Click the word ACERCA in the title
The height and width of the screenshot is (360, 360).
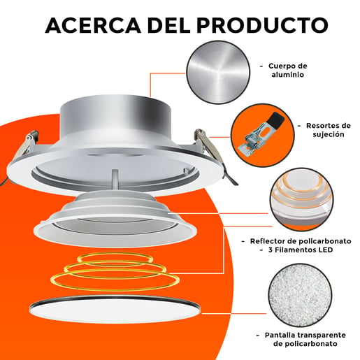point(93,25)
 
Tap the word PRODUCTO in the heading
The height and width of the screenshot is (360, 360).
point(263,25)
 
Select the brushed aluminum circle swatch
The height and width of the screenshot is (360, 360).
point(218,72)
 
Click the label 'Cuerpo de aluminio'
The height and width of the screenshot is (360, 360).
point(287,70)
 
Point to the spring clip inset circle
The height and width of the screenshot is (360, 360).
point(263,136)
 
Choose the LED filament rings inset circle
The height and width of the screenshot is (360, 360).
point(302,200)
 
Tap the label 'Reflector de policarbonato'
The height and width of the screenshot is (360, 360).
point(301,241)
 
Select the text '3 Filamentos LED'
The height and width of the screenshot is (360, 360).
point(301,250)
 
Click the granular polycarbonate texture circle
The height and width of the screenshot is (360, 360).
point(300,296)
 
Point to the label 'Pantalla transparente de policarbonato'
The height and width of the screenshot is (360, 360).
point(305,339)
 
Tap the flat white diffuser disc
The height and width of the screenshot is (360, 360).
point(115,309)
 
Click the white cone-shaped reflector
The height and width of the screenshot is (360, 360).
point(115,219)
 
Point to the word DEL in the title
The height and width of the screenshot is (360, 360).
point(168,25)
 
